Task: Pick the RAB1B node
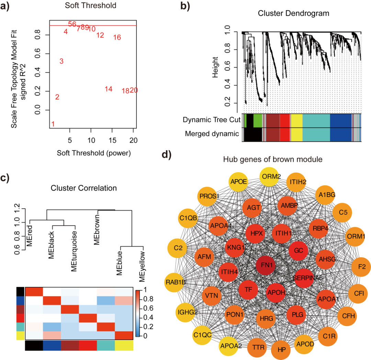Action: (x=177, y=282)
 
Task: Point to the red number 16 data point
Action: (x=117, y=37)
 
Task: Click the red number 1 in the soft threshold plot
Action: (x=53, y=124)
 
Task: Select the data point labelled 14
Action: (x=109, y=89)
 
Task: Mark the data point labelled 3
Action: (x=61, y=61)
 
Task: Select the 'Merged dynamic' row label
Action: (x=212, y=133)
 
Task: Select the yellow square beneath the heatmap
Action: (x=124, y=346)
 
